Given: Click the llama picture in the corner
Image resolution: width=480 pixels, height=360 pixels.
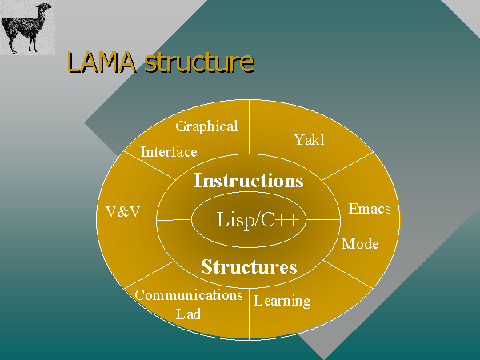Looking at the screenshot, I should pos(27,27).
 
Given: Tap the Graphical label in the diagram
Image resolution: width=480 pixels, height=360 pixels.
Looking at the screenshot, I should pos(206,126).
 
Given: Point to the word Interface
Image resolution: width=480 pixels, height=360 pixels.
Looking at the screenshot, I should pos(168,152).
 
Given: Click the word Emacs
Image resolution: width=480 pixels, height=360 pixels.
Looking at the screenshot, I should pos(370,210).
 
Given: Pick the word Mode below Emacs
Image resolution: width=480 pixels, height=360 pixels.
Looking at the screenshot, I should pos(360,244).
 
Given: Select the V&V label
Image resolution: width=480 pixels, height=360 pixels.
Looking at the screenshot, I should pos(123,211).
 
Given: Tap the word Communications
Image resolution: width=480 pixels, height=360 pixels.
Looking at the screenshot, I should pos(189,295).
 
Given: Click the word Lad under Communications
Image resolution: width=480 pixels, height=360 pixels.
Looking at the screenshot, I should pos(189,314).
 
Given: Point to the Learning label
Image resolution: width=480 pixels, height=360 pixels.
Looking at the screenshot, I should pos(282,302).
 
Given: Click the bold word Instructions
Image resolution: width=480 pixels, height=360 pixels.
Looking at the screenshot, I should pos(249,181).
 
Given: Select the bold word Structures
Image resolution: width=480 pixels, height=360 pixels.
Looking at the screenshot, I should pos(249,266).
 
